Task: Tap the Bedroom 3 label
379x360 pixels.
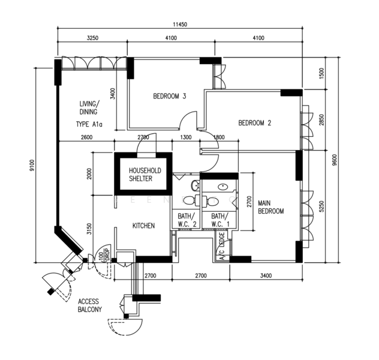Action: pos(170,96)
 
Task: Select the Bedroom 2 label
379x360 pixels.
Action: pos(255,124)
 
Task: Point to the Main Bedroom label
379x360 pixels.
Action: pos(270,207)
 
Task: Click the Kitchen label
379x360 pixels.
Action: pos(143,226)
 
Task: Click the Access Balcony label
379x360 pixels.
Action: pos(89,305)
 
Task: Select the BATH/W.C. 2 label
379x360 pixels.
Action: pos(187,220)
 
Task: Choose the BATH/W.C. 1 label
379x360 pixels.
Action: pos(218,220)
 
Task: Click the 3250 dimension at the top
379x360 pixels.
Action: pos(92,38)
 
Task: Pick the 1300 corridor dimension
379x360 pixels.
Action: pos(186,137)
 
